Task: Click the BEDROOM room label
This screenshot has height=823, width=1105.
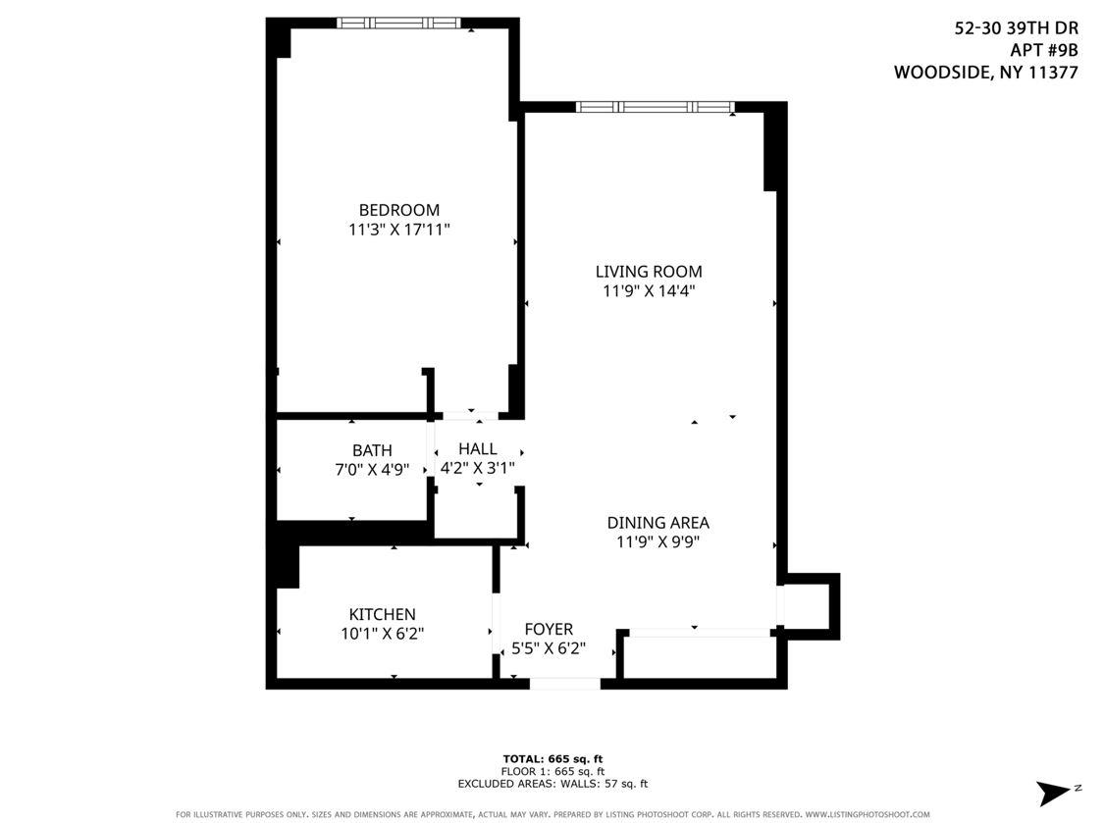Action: coord(398,210)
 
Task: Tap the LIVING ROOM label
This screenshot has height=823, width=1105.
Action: coord(649,272)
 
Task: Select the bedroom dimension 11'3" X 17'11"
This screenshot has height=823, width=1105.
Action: coord(398,231)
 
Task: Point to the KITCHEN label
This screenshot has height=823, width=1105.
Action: coord(382,614)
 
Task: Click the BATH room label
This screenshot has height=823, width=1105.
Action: coord(372,450)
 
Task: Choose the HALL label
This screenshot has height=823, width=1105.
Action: coord(477,448)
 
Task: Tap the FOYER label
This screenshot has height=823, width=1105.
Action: coord(549,629)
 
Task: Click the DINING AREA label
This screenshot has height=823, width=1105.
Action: coord(658,523)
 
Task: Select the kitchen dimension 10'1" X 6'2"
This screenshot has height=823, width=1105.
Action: coord(382,634)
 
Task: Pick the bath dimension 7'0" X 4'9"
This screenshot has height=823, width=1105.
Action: coord(372,470)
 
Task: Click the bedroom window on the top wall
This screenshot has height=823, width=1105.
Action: coord(398,23)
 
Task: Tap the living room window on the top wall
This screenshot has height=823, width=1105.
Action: coord(655,107)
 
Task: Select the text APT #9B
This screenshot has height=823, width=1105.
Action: coord(1043,50)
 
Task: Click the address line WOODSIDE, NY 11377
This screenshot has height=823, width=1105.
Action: coord(985,72)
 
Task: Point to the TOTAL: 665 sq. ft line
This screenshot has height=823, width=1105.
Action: coord(552,758)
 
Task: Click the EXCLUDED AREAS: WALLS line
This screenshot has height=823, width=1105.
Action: coord(552,784)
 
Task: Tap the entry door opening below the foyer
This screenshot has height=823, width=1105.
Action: coord(564,684)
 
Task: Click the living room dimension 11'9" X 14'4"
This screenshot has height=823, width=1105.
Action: coord(649,291)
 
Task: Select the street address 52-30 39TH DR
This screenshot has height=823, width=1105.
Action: coord(1016,28)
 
